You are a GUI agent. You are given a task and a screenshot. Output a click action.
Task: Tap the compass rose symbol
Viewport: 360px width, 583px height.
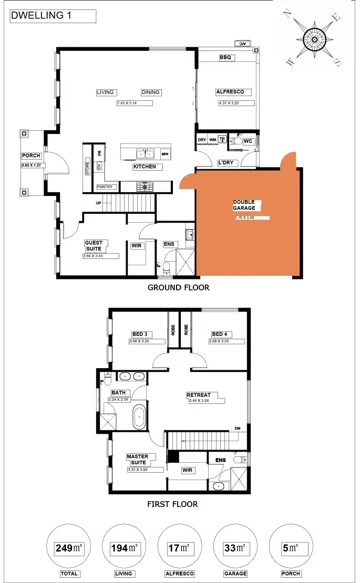click(x=314, y=39)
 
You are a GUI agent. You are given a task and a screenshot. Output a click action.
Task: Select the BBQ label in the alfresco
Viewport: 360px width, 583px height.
click(x=227, y=58)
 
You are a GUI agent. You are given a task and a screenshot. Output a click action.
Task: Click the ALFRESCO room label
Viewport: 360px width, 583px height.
click(x=233, y=92)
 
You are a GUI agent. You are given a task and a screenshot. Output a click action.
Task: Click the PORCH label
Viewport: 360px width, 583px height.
click(x=31, y=156)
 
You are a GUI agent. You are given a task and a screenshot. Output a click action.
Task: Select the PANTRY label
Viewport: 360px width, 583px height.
click(x=105, y=187)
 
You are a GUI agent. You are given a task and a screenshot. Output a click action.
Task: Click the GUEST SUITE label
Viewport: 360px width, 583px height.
click(x=96, y=246)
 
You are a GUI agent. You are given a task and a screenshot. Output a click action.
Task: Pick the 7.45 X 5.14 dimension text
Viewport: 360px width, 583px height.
click(x=135, y=103)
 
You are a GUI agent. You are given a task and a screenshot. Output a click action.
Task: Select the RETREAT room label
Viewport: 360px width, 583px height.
click(x=199, y=395)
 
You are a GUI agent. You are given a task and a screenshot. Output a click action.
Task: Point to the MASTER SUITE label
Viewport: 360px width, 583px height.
click(x=138, y=460)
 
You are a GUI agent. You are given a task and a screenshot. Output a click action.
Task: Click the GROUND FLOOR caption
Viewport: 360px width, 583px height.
click(x=178, y=287)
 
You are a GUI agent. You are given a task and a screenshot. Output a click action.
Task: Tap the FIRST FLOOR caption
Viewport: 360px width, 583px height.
click(x=173, y=504)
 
